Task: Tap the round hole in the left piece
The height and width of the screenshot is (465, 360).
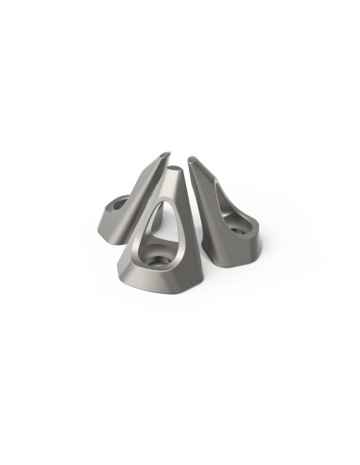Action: [x=120, y=202]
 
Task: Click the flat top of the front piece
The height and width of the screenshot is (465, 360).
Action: [x=177, y=172]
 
